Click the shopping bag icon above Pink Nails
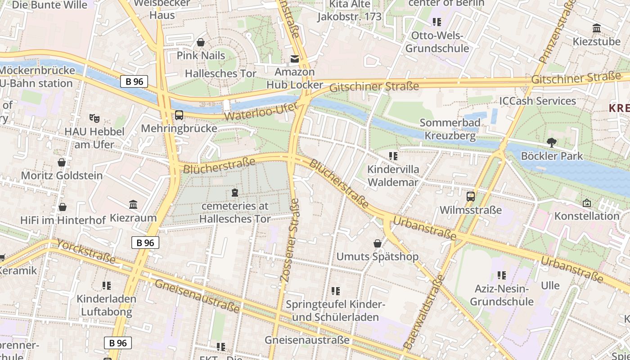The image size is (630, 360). click(201, 42)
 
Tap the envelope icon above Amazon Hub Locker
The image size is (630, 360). click(294, 58)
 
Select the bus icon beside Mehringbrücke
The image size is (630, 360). click(179, 115)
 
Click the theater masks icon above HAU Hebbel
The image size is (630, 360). click(94, 118)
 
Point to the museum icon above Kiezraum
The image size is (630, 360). click(133, 205)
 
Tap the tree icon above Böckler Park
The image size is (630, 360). click(551, 143)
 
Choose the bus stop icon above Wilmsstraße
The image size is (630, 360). click(471, 197)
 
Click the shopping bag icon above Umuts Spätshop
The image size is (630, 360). click(378, 243)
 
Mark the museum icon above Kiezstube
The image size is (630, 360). click(597, 28)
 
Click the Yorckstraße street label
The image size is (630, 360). click(86, 252)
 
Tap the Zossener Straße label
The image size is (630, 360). click(290, 241)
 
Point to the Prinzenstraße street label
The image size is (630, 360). click(557, 32)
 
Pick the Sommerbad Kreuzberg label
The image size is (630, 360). click(450, 129)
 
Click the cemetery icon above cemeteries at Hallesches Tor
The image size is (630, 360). click(234, 193)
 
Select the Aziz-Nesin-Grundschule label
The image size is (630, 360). click(502, 295)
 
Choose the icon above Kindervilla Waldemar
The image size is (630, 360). click(393, 156)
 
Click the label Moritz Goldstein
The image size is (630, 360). click(62, 175)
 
